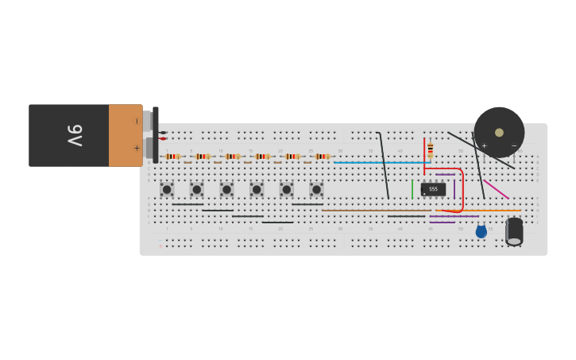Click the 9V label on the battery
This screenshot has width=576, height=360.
pos(74,135)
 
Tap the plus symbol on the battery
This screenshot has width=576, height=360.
pos(137,148)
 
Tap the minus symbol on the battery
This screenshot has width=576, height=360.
pos(137,122)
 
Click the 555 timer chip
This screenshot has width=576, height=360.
pos(433,189)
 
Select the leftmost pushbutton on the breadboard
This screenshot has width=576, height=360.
pos(167,189)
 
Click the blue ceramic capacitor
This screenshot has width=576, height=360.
pos(481,231)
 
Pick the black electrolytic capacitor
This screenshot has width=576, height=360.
pos(514,230)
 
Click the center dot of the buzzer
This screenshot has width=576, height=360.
pos(499,133)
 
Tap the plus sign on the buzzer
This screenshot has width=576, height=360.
pos(484,145)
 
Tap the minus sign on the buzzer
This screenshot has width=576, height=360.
pos(514,145)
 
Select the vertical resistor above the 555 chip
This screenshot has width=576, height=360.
pos(431,149)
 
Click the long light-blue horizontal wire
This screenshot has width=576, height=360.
pos(381,162)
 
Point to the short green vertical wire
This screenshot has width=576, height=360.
pos(412,189)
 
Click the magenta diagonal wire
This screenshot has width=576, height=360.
pos(496,189)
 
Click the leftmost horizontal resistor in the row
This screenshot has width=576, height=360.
pos(172,157)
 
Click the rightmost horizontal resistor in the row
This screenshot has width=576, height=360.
pos(322,157)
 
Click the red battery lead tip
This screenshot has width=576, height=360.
pos(163,139)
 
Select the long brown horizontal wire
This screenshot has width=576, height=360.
pos(373,211)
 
